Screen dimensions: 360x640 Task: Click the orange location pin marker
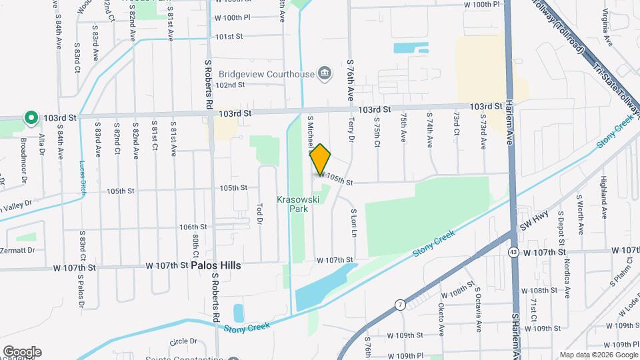click(321, 159)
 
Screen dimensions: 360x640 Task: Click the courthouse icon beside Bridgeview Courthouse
click(325, 73)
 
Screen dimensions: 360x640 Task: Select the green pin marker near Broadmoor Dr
click(31, 119)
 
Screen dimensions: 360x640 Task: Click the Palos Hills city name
click(216, 265)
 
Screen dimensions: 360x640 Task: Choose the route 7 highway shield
click(399, 305)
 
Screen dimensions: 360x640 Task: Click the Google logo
click(22, 351)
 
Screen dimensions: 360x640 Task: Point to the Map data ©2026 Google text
click(598, 355)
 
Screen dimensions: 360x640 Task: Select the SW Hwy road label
click(532, 227)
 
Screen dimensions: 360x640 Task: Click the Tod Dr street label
click(260, 214)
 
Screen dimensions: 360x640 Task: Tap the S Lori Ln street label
click(354, 222)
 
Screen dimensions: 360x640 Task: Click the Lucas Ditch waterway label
click(83, 174)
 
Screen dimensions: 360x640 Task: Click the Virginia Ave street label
click(607, 27)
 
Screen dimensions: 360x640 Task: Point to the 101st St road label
click(229, 36)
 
